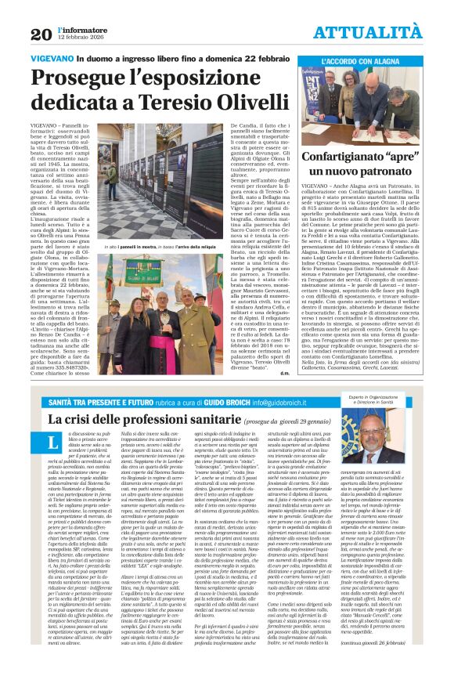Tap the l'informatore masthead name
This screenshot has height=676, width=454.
coord(77,29)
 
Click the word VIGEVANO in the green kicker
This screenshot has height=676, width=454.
coord(56,60)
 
